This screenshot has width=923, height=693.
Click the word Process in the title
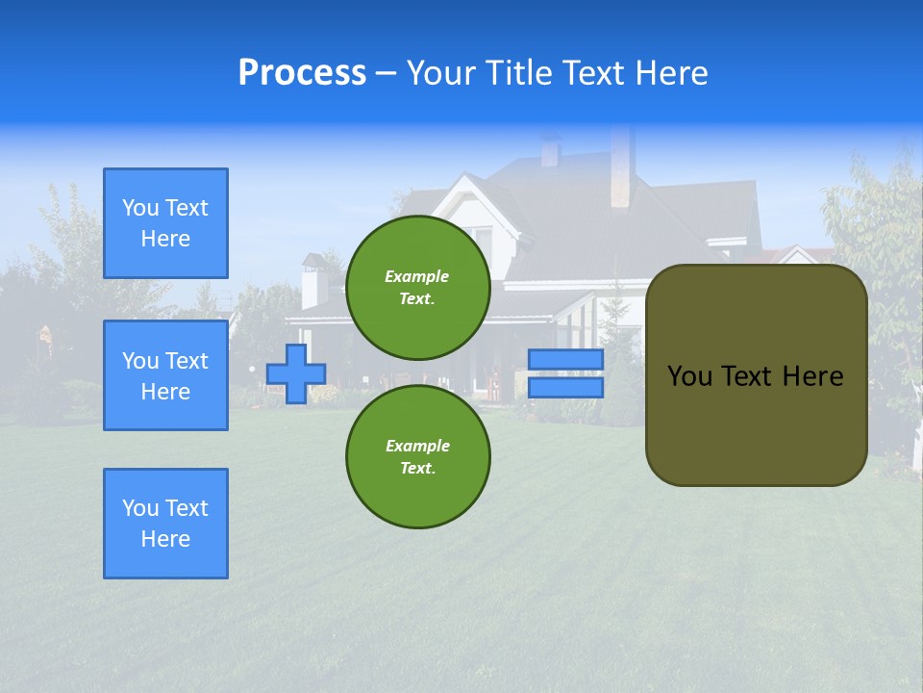[302, 73]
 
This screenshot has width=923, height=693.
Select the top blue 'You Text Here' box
[165, 223]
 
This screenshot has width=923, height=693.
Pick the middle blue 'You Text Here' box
[165, 375]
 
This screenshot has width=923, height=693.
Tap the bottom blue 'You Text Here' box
[165, 524]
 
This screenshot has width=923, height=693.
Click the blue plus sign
[296, 373]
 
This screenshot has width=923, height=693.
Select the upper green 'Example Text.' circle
[417, 287]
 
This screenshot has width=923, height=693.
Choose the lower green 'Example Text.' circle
[417, 456]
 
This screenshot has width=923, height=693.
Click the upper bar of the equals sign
[565, 360]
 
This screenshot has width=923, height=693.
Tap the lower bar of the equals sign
[565, 387]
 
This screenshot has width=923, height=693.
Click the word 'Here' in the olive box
[812, 376]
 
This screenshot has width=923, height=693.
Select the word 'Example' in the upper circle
[416, 276]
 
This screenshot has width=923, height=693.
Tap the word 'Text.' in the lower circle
[417, 468]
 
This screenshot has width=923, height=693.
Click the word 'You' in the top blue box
[140, 208]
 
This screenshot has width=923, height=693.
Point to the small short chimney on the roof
[551, 151]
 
